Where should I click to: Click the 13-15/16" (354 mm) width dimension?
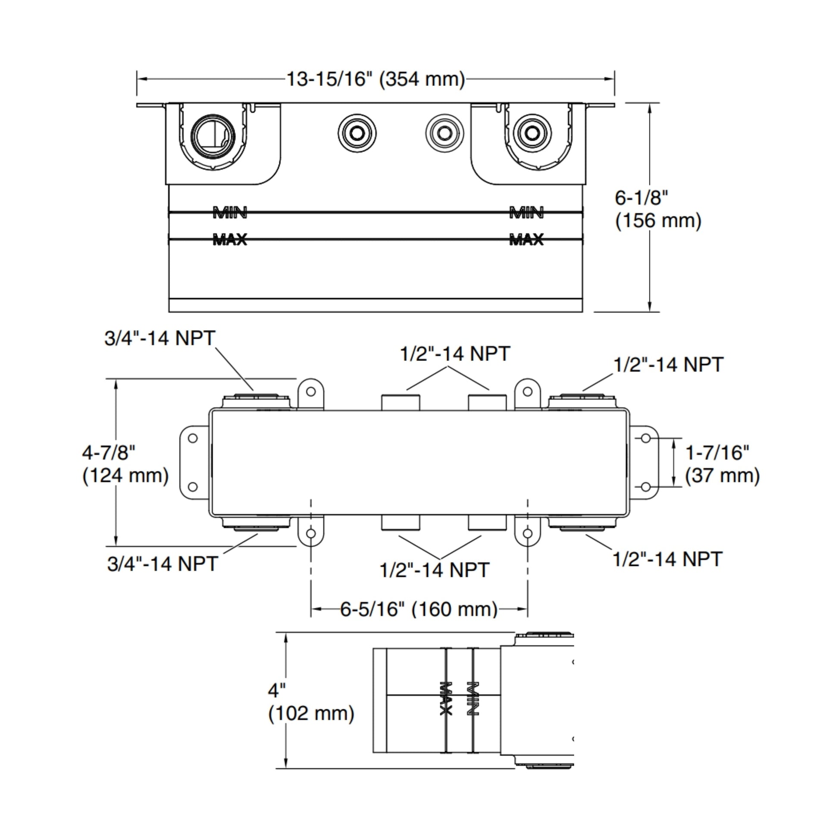coord(376,79)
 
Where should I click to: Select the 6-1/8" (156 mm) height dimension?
coord(657,209)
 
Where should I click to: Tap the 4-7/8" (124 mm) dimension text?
coord(125,464)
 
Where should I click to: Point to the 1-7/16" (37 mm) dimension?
coord(722,464)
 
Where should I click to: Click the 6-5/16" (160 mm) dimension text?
coord(419,609)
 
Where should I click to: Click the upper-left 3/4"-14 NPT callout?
coord(160,338)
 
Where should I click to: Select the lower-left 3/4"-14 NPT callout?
coord(163,564)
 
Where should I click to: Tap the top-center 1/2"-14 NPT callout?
coord(455,354)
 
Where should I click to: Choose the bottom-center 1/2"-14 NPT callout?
coord(434,570)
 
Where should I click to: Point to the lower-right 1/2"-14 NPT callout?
coord(667,558)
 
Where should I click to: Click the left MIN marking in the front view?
coord(230,213)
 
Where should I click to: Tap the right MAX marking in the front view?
coord(526,239)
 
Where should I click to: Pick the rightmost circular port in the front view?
coord(532,133)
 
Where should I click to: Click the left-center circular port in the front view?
coord(357,133)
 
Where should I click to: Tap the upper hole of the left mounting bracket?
coord(193,438)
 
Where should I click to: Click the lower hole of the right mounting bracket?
coord(646,487)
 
